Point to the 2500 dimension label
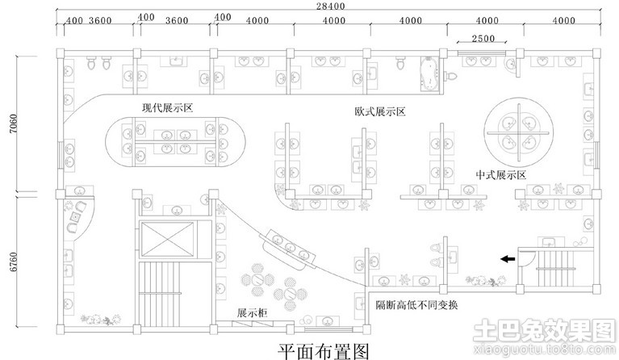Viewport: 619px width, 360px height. coord(483,39)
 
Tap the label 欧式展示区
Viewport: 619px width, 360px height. coord(379,111)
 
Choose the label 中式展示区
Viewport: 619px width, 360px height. coord(500,174)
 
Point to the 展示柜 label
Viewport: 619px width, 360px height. coord(253,312)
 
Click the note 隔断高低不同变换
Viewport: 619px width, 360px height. coord(416,304)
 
